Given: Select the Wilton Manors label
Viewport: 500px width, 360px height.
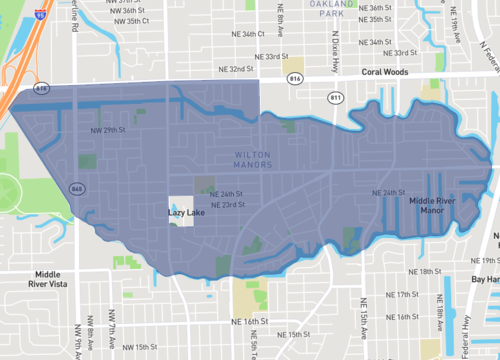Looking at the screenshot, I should (252, 160).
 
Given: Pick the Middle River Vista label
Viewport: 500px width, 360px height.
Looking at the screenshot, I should (54, 279).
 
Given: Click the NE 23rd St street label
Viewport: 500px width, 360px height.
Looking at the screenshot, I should (235, 205).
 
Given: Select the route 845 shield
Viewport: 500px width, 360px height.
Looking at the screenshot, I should (77, 188).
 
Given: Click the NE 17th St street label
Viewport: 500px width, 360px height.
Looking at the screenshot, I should (405, 295).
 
